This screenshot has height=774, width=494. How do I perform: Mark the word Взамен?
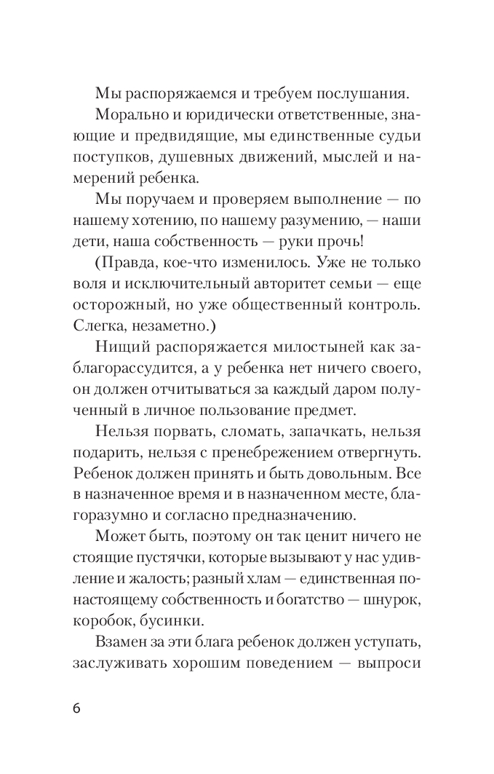click(121, 644)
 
